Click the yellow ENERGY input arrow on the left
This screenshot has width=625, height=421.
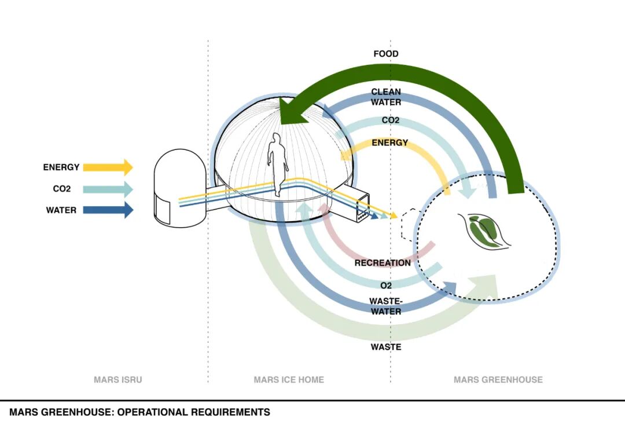click(x=108, y=167)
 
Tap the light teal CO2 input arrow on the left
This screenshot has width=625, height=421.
click(x=108, y=189)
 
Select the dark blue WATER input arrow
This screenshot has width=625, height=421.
click(x=108, y=210)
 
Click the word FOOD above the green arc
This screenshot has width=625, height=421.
click(x=386, y=54)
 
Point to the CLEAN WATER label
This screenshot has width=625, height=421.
click(x=386, y=97)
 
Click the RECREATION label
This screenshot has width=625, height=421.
click(x=383, y=263)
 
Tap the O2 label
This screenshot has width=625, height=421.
click(x=386, y=285)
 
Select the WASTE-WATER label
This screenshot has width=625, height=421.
click(x=386, y=306)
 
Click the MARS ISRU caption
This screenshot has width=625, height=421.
click(x=117, y=380)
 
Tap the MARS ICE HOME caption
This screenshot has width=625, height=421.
click(x=289, y=380)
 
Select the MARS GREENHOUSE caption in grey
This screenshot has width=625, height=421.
click(x=498, y=380)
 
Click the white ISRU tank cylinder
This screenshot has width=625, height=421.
click(x=180, y=189)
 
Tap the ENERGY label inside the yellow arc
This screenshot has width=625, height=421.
click(x=390, y=142)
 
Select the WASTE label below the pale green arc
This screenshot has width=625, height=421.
click(x=386, y=347)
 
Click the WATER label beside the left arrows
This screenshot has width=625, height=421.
click(x=61, y=210)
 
